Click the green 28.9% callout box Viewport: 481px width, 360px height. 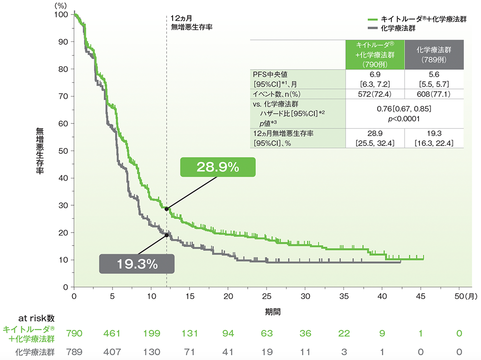[x=217, y=167]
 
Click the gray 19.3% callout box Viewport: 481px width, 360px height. [x=136, y=263]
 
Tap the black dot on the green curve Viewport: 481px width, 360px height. [x=166, y=209]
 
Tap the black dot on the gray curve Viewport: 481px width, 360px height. [x=166, y=235]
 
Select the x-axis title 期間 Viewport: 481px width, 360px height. [x=274, y=311]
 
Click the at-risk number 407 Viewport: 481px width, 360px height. [x=113, y=351]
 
